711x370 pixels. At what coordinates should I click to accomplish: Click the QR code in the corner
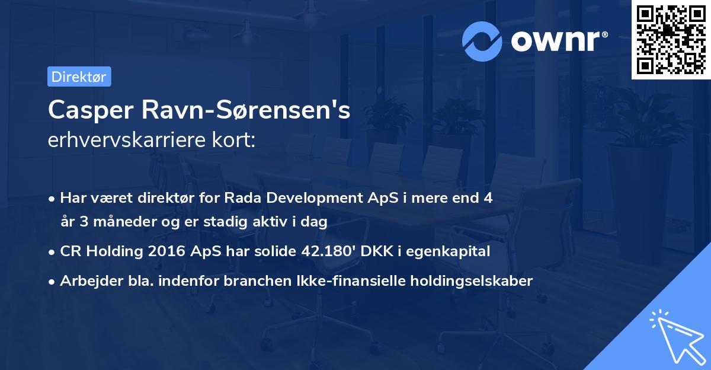(x=671, y=39)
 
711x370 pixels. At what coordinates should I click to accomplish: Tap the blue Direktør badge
(x=79, y=76)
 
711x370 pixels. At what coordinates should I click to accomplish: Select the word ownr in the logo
(x=554, y=40)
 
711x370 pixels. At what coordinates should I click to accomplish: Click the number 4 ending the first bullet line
(x=488, y=198)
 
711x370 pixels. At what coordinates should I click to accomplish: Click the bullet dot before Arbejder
(x=53, y=281)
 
